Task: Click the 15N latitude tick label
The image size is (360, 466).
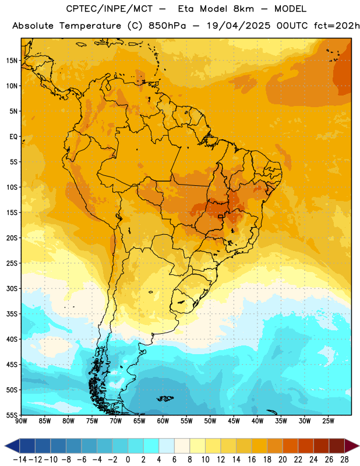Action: (12, 61)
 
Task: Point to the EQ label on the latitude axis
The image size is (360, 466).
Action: (13, 137)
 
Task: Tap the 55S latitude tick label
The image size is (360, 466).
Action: (12, 415)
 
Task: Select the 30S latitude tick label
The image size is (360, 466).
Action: (12, 288)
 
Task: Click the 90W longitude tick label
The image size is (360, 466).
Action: (22, 421)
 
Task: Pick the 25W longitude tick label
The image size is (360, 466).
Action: (328, 421)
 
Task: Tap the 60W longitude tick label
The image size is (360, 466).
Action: (163, 421)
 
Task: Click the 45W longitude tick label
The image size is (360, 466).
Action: (234, 421)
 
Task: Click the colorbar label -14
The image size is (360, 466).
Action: (20, 460)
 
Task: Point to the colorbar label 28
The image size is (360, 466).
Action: (344, 460)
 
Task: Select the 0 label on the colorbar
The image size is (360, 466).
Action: (128, 460)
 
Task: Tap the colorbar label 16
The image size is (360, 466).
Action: (252, 460)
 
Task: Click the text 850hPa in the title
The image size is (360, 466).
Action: (167, 26)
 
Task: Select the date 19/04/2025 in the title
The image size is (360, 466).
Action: (239, 26)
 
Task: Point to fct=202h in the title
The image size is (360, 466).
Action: (337, 26)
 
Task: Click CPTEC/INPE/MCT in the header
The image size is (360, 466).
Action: (110, 9)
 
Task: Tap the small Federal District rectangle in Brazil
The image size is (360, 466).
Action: (221, 216)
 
